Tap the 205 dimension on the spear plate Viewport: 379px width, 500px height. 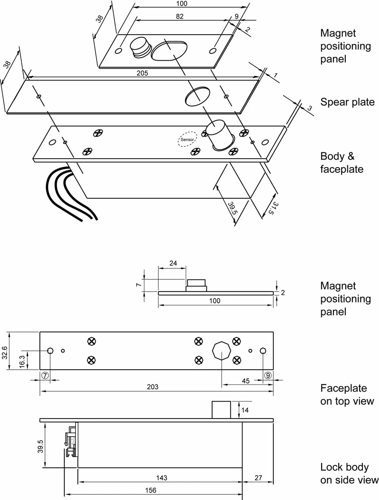point(143,73)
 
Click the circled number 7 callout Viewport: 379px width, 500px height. point(45,375)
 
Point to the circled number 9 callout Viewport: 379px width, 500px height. point(268,375)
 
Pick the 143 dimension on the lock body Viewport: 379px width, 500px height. point(161,478)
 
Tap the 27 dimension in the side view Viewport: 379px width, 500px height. point(258,478)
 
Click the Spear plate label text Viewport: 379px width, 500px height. point(347,102)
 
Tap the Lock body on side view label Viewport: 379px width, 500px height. point(349,473)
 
